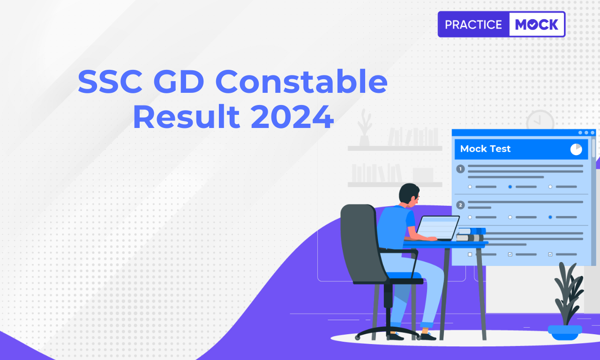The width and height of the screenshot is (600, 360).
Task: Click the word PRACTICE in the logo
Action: (473, 25)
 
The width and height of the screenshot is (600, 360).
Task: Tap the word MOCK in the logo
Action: (537, 25)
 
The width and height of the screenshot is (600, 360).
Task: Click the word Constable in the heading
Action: (301, 82)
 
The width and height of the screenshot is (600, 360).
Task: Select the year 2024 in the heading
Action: (292, 117)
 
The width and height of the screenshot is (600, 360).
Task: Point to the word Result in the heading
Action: (187, 117)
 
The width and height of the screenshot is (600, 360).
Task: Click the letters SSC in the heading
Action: (110, 82)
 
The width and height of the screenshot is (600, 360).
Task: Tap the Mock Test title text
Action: (485, 149)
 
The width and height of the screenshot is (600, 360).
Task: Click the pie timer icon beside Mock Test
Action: (576, 149)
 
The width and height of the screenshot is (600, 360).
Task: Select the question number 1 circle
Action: (460, 169)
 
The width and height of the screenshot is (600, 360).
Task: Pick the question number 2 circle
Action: (460, 205)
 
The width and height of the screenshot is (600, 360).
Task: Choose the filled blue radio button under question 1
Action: (510, 187)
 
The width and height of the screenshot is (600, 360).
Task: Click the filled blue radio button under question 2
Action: (550, 217)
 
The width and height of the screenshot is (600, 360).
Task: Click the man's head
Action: (409, 194)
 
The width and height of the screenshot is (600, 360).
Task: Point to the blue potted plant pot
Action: (565, 332)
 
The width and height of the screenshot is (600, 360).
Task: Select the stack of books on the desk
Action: (471, 234)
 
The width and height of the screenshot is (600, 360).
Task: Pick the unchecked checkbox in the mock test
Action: (470, 255)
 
